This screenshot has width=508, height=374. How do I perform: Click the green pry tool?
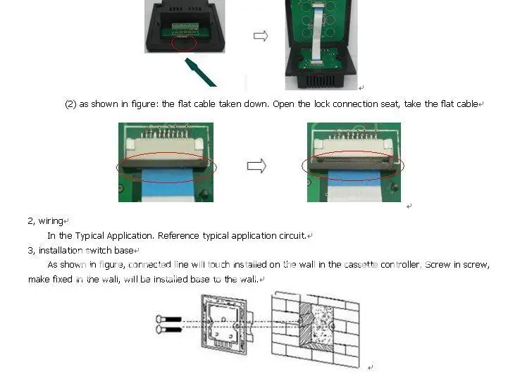[x=200, y=73]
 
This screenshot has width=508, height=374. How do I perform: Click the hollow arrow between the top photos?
[x=261, y=36]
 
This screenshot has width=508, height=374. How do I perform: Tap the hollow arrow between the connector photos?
[x=256, y=166]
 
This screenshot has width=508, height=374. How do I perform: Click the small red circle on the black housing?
[x=184, y=44]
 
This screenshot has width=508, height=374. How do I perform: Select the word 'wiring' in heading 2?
[x=51, y=221]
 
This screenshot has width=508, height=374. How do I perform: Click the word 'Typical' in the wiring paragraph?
[x=89, y=236]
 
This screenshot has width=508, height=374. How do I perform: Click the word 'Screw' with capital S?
[x=438, y=265]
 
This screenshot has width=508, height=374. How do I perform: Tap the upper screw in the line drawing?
[x=168, y=319]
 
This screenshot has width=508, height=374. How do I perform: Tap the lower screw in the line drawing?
[x=168, y=330]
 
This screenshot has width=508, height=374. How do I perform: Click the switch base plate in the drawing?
[x=224, y=325]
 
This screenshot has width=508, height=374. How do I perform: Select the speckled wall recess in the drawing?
[x=322, y=325]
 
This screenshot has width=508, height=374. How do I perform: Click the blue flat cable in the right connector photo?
[x=354, y=177]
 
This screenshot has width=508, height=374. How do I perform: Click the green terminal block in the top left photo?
[x=185, y=28]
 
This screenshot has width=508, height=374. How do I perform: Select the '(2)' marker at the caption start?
[x=70, y=104]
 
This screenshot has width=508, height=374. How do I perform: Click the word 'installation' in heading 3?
[x=61, y=251]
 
